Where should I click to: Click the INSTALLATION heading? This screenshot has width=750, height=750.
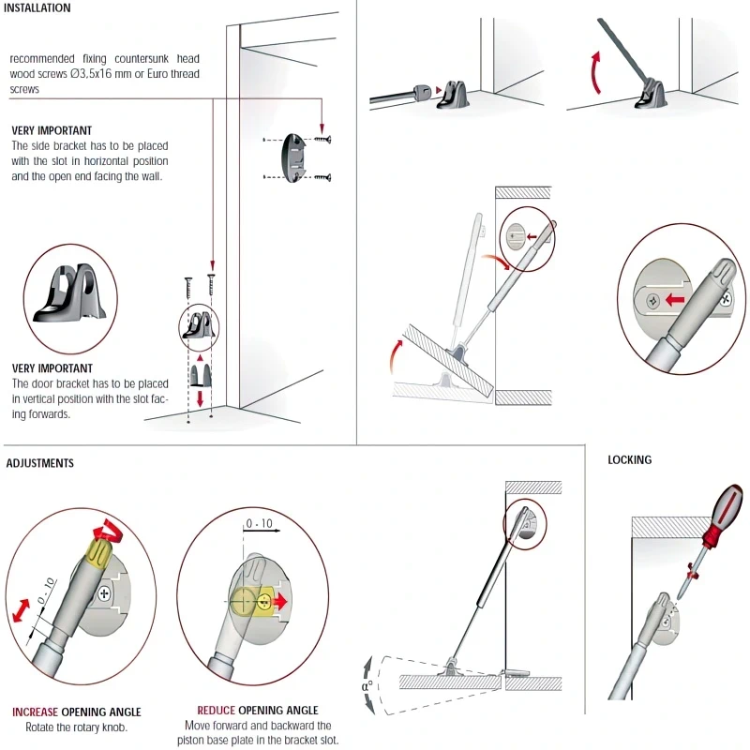[37, 8]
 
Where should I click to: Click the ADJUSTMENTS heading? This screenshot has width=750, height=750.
[39, 463]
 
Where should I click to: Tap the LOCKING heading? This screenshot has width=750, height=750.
[629, 460]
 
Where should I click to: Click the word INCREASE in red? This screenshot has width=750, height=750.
[36, 712]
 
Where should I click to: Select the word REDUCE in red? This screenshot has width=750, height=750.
[217, 711]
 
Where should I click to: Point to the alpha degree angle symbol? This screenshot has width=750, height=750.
[367, 684]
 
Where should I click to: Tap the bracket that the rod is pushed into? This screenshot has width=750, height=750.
[454, 95]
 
